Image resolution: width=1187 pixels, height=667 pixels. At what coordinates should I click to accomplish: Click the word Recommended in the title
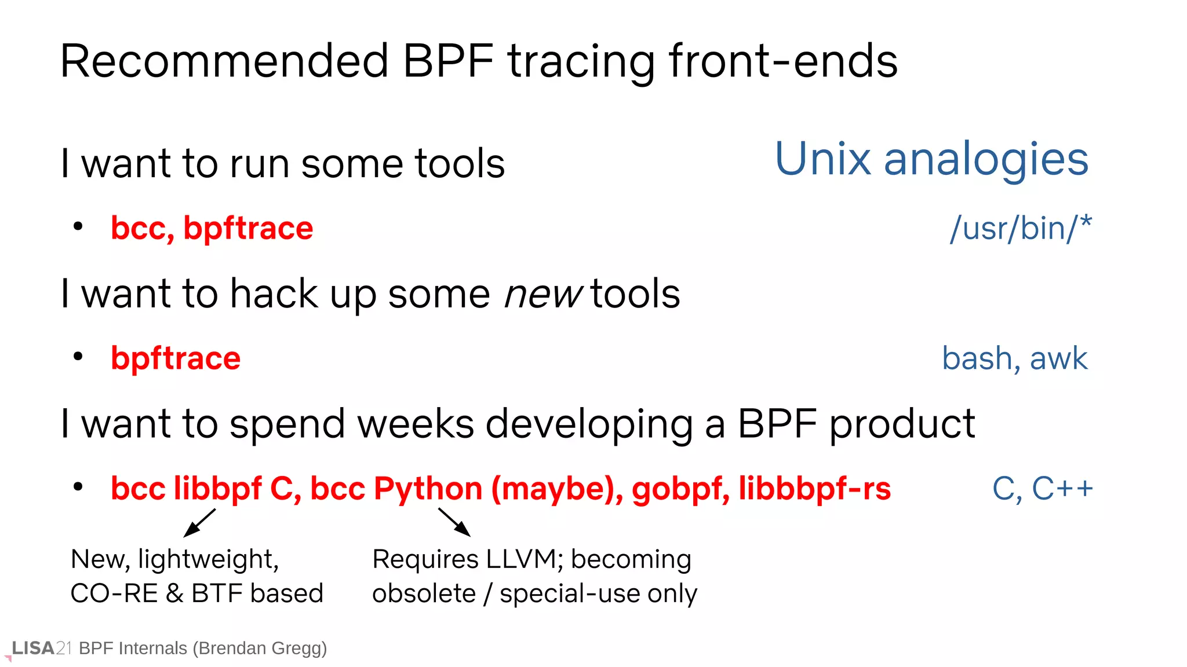(224, 61)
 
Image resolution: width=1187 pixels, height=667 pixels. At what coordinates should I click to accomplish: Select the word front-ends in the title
(783, 61)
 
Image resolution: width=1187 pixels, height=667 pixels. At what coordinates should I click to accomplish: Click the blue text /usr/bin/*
(1020, 228)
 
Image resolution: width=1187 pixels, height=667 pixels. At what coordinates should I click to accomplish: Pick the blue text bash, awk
(1014, 358)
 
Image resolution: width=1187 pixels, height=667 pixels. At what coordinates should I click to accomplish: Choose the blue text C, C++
(1042, 489)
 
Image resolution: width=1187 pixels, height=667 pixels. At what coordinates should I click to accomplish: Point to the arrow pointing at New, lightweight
(199, 523)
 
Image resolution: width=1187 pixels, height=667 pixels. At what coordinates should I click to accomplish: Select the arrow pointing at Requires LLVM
(454, 522)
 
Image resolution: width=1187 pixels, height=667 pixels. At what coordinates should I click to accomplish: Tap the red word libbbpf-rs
(814, 489)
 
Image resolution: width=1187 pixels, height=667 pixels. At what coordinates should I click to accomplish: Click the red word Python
(428, 489)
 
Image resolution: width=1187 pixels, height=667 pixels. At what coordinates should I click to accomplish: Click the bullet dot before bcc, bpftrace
(78, 226)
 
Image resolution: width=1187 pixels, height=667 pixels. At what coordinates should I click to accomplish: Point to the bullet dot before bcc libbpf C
(78, 487)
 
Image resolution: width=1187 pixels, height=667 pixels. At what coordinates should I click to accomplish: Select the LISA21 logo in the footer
(41, 648)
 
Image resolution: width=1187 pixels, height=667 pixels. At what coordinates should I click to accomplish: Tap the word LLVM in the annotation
(520, 559)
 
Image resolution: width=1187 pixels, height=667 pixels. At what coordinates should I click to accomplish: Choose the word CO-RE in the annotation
(114, 593)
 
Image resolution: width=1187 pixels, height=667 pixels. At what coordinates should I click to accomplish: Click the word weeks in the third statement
(416, 424)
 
